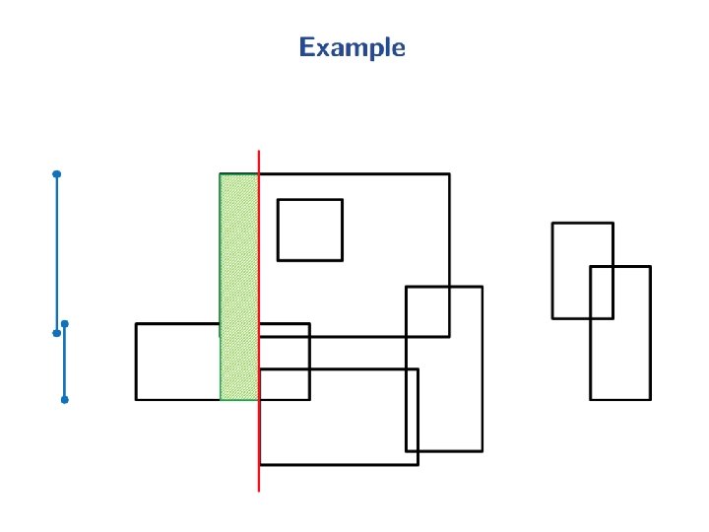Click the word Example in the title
point(352,47)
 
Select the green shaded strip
point(239,286)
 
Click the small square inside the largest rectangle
point(310,230)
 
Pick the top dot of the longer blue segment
point(57,174)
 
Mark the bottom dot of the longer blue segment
point(57,333)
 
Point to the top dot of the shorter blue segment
point(64,323)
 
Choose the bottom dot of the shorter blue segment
point(64,400)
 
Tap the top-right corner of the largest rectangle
point(450,174)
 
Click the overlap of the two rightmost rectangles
point(602,293)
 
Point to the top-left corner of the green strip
point(220,174)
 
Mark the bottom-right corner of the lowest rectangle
point(419,464)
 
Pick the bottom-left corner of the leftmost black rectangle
point(136,399)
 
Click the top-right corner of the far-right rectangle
point(650,266)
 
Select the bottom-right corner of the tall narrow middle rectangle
point(482,450)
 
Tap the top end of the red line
point(259,152)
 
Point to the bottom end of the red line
point(259,490)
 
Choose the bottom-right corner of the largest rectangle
point(450,336)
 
